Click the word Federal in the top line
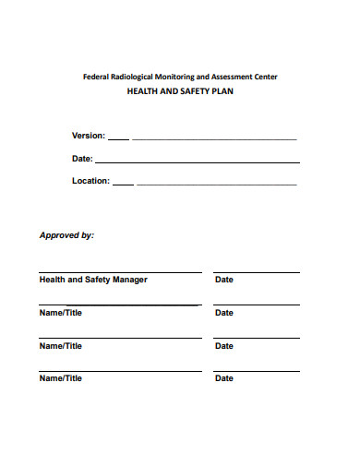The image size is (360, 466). (96, 77)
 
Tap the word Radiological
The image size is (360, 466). (133, 77)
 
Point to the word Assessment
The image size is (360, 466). (235, 77)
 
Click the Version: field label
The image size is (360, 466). (89, 136)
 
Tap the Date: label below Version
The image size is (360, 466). (82, 159)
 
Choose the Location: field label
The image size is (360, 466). (91, 181)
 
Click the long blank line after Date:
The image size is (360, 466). (198, 162)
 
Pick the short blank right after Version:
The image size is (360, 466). (118, 139)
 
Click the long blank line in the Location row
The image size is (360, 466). (217, 185)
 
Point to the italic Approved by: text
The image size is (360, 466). (66, 235)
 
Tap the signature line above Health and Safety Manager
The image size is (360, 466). (120, 272)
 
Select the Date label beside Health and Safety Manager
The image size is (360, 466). (224, 280)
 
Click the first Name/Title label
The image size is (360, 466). (60, 313)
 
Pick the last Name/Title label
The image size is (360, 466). (60, 378)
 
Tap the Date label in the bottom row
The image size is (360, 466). (224, 378)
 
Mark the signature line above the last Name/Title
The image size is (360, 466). (120, 371)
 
